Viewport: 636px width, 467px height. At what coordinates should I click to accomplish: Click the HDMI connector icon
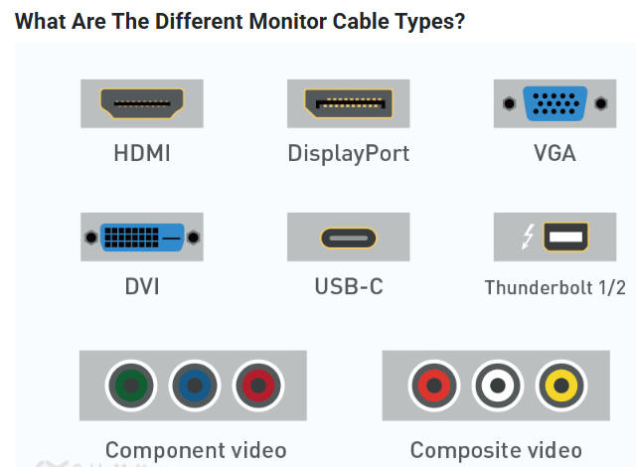142,102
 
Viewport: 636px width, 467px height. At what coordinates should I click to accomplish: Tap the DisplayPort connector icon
348,102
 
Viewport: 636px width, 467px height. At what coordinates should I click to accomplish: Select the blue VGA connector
555,102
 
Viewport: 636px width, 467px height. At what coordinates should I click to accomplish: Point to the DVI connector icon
142,237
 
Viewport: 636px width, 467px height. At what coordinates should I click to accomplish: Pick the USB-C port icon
348,238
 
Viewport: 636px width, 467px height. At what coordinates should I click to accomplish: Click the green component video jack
131,385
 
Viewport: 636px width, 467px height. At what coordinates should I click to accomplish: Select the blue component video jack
195,385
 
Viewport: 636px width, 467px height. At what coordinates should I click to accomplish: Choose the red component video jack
257,385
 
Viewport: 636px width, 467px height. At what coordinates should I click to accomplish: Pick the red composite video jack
434,385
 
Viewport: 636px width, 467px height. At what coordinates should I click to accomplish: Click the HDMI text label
142,154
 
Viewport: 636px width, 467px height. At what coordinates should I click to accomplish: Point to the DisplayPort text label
348,154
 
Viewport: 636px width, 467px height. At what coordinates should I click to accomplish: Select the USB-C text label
348,287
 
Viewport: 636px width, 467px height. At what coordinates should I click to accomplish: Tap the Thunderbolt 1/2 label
555,288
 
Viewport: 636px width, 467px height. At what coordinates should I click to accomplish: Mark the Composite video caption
496,449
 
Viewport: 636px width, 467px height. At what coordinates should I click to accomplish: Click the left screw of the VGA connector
509,102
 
